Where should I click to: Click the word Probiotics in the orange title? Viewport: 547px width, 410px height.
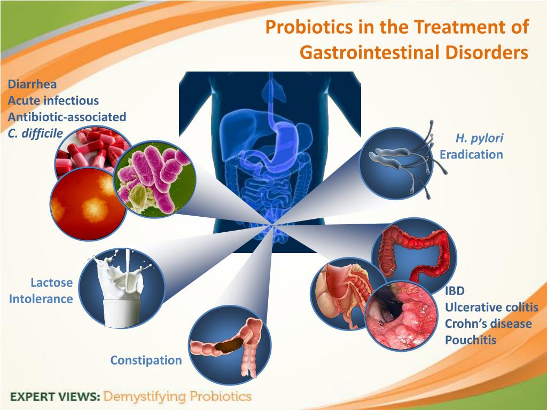coord(309,28)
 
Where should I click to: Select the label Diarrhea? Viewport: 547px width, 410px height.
coord(32,84)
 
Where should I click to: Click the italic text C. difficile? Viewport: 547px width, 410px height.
coord(35,133)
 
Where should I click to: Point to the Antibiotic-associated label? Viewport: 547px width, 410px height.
coord(67,116)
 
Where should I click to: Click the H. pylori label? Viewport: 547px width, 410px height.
coord(479,138)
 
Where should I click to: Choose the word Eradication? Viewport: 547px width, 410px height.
coord(471,154)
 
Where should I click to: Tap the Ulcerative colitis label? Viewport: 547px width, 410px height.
coord(491,307)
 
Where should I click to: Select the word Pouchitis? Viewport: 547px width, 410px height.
coord(471,340)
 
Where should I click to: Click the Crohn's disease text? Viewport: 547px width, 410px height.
coord(488,324)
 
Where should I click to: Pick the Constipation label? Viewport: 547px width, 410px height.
coord(146,360)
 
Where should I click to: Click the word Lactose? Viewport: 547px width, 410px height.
coord(52,282)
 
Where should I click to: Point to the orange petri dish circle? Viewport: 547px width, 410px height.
coord(88,204)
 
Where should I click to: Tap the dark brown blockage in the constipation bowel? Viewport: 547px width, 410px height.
coord(229,344)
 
